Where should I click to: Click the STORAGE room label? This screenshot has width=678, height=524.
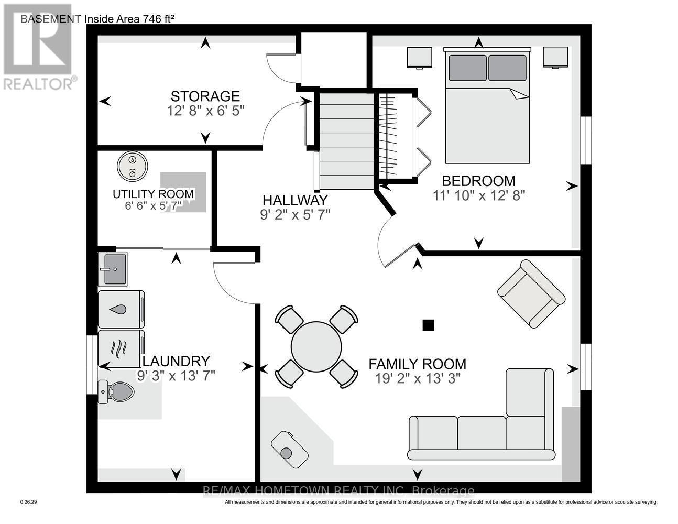click(x=205, y=96)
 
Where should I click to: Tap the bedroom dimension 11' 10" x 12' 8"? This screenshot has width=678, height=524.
click(x=478, y=195)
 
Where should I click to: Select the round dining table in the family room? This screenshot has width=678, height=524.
click(x=316, y=346)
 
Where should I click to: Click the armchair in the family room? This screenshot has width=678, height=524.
click(x=531, y=293)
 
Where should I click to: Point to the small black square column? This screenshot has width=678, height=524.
click(x=428, y=325)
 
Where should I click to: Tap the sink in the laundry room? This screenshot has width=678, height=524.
click(x=113, y=269)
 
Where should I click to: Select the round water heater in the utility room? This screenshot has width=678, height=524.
click(x=132, y=166)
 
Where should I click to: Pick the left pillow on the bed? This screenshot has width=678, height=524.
click(x=467, y=68)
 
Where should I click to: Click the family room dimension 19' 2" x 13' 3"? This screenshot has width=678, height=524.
click(x=417, y=378)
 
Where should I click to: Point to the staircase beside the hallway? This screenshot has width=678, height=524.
click(x=346, y=140)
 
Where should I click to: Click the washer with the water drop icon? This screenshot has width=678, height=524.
click(x=121, y=309)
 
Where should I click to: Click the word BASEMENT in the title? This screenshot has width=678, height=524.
click(x=51, y=19)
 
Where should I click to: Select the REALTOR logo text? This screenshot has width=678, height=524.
click(x=38, y=83)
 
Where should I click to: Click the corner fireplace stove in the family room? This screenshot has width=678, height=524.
click(x=289, y=450)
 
